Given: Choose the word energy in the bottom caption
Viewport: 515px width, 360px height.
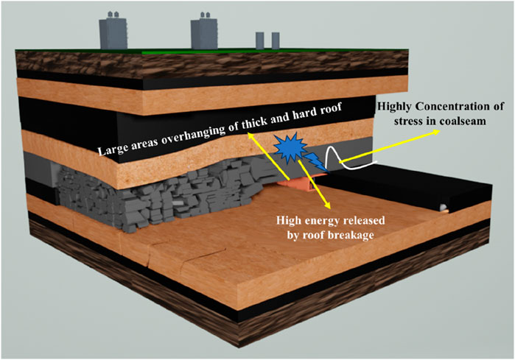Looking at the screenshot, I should (325, 220).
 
